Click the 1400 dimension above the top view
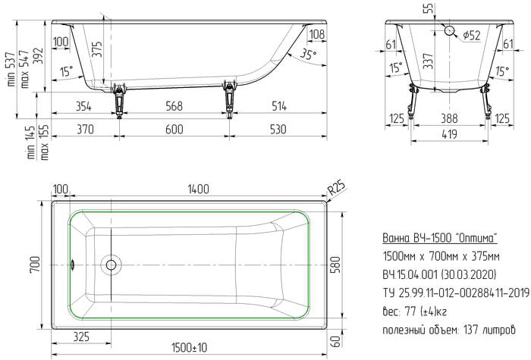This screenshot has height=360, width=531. (199, 189)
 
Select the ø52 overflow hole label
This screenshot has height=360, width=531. (471, 35)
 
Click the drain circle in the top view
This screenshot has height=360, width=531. (111, 265)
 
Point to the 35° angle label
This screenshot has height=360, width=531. (308, 53)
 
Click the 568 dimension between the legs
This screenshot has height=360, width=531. (174, 106)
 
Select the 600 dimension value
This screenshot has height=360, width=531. (174, 130)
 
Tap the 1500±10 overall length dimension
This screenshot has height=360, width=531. (190, 347)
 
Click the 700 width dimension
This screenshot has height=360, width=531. (36, 265)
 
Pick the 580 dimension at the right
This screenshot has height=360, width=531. (335, 265)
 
